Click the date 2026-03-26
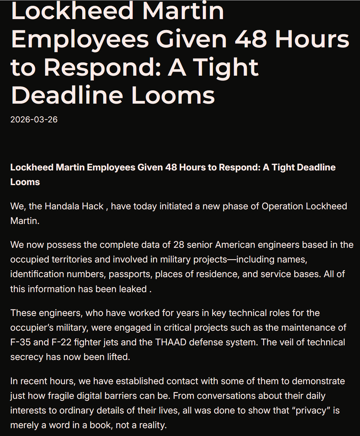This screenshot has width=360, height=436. pos(34,120)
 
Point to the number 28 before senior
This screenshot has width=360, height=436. pos(179,245)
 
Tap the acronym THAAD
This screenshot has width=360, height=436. pos(171,342)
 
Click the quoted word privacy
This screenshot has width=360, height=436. pos(314,410)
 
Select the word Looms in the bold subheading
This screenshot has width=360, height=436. pos(25,182)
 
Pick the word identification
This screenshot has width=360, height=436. pos(37,274)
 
